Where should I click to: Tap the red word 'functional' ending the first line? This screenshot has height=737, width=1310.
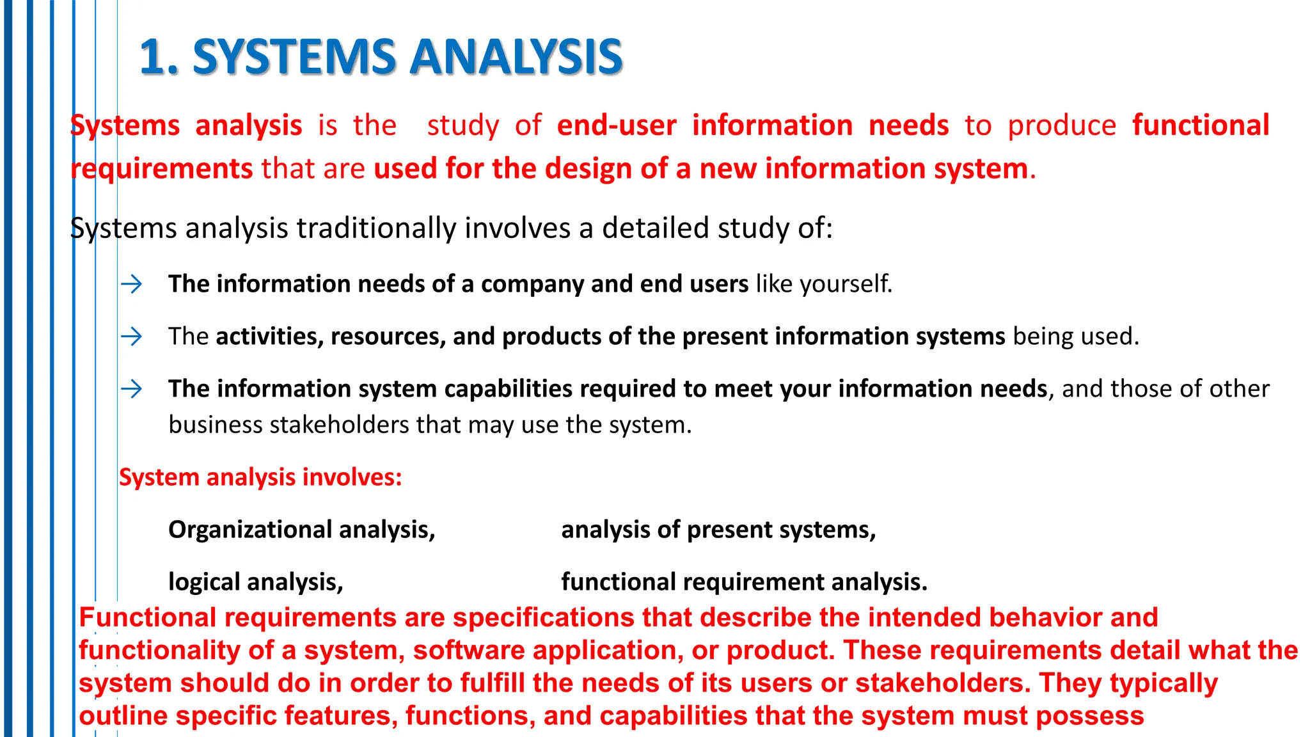pyautogui.click(x=1201, y=125)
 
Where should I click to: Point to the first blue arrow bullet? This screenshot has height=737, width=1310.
pyautogui.click(x=132, y=284)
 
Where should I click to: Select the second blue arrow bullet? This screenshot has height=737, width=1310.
pyautogui.click(x=132, y=337)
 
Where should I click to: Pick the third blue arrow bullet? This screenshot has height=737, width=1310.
pyautogui.click(x=132, y=389)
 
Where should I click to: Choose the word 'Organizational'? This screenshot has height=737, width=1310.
pyautogui.click(x=250, y=530)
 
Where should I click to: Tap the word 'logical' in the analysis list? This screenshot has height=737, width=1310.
pyautogui.click(x=204, y=582)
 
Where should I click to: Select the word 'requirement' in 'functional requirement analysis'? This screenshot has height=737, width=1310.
pyautogui.click(x=754, y=582)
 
